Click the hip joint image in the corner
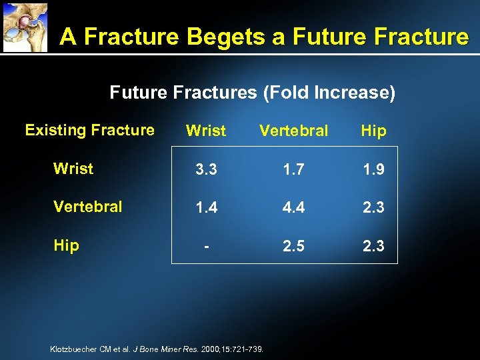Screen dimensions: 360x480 pos(25,27)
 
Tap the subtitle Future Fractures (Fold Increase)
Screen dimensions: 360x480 pos(252,93)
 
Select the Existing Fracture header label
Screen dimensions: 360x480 pos(89,130)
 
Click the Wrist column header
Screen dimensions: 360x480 pos(206,131)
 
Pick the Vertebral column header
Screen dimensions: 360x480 pos(293,131)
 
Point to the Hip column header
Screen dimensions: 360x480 pos(373,131)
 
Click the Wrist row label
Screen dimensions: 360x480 pos(73,169)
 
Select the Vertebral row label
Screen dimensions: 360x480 pos(88,207)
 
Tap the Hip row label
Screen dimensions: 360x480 pos(66,245)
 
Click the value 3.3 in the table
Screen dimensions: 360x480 pos(206,170)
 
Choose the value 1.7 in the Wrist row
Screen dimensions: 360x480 pos(294,170)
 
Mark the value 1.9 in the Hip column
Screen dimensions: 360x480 pos(373,170)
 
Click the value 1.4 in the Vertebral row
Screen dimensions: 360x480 pos(206,208)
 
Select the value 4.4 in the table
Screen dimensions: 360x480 pos(294,208)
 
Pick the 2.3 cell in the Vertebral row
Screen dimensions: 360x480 pos(373,208)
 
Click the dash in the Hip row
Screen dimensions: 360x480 pos(207,247)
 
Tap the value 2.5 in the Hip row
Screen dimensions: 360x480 pos(294,247)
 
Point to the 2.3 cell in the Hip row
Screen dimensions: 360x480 pos(373,247)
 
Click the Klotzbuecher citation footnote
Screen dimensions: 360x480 pos(157,349)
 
